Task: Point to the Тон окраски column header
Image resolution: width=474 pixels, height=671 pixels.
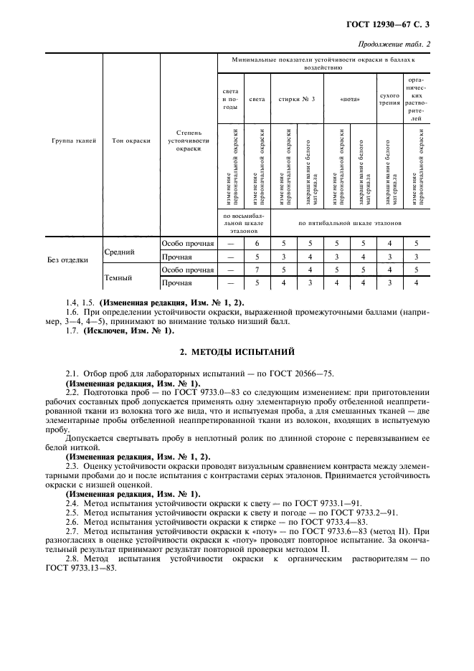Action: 131,141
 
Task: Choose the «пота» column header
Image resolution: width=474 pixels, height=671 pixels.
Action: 349,99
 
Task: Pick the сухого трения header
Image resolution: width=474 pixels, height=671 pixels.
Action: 389,99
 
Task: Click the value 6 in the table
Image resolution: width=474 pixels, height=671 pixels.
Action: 257,244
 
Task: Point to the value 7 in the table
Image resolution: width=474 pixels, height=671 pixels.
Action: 257,270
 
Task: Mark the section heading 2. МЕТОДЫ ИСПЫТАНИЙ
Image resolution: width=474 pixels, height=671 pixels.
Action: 236,352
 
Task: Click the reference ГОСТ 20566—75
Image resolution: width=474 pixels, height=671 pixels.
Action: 303,373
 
